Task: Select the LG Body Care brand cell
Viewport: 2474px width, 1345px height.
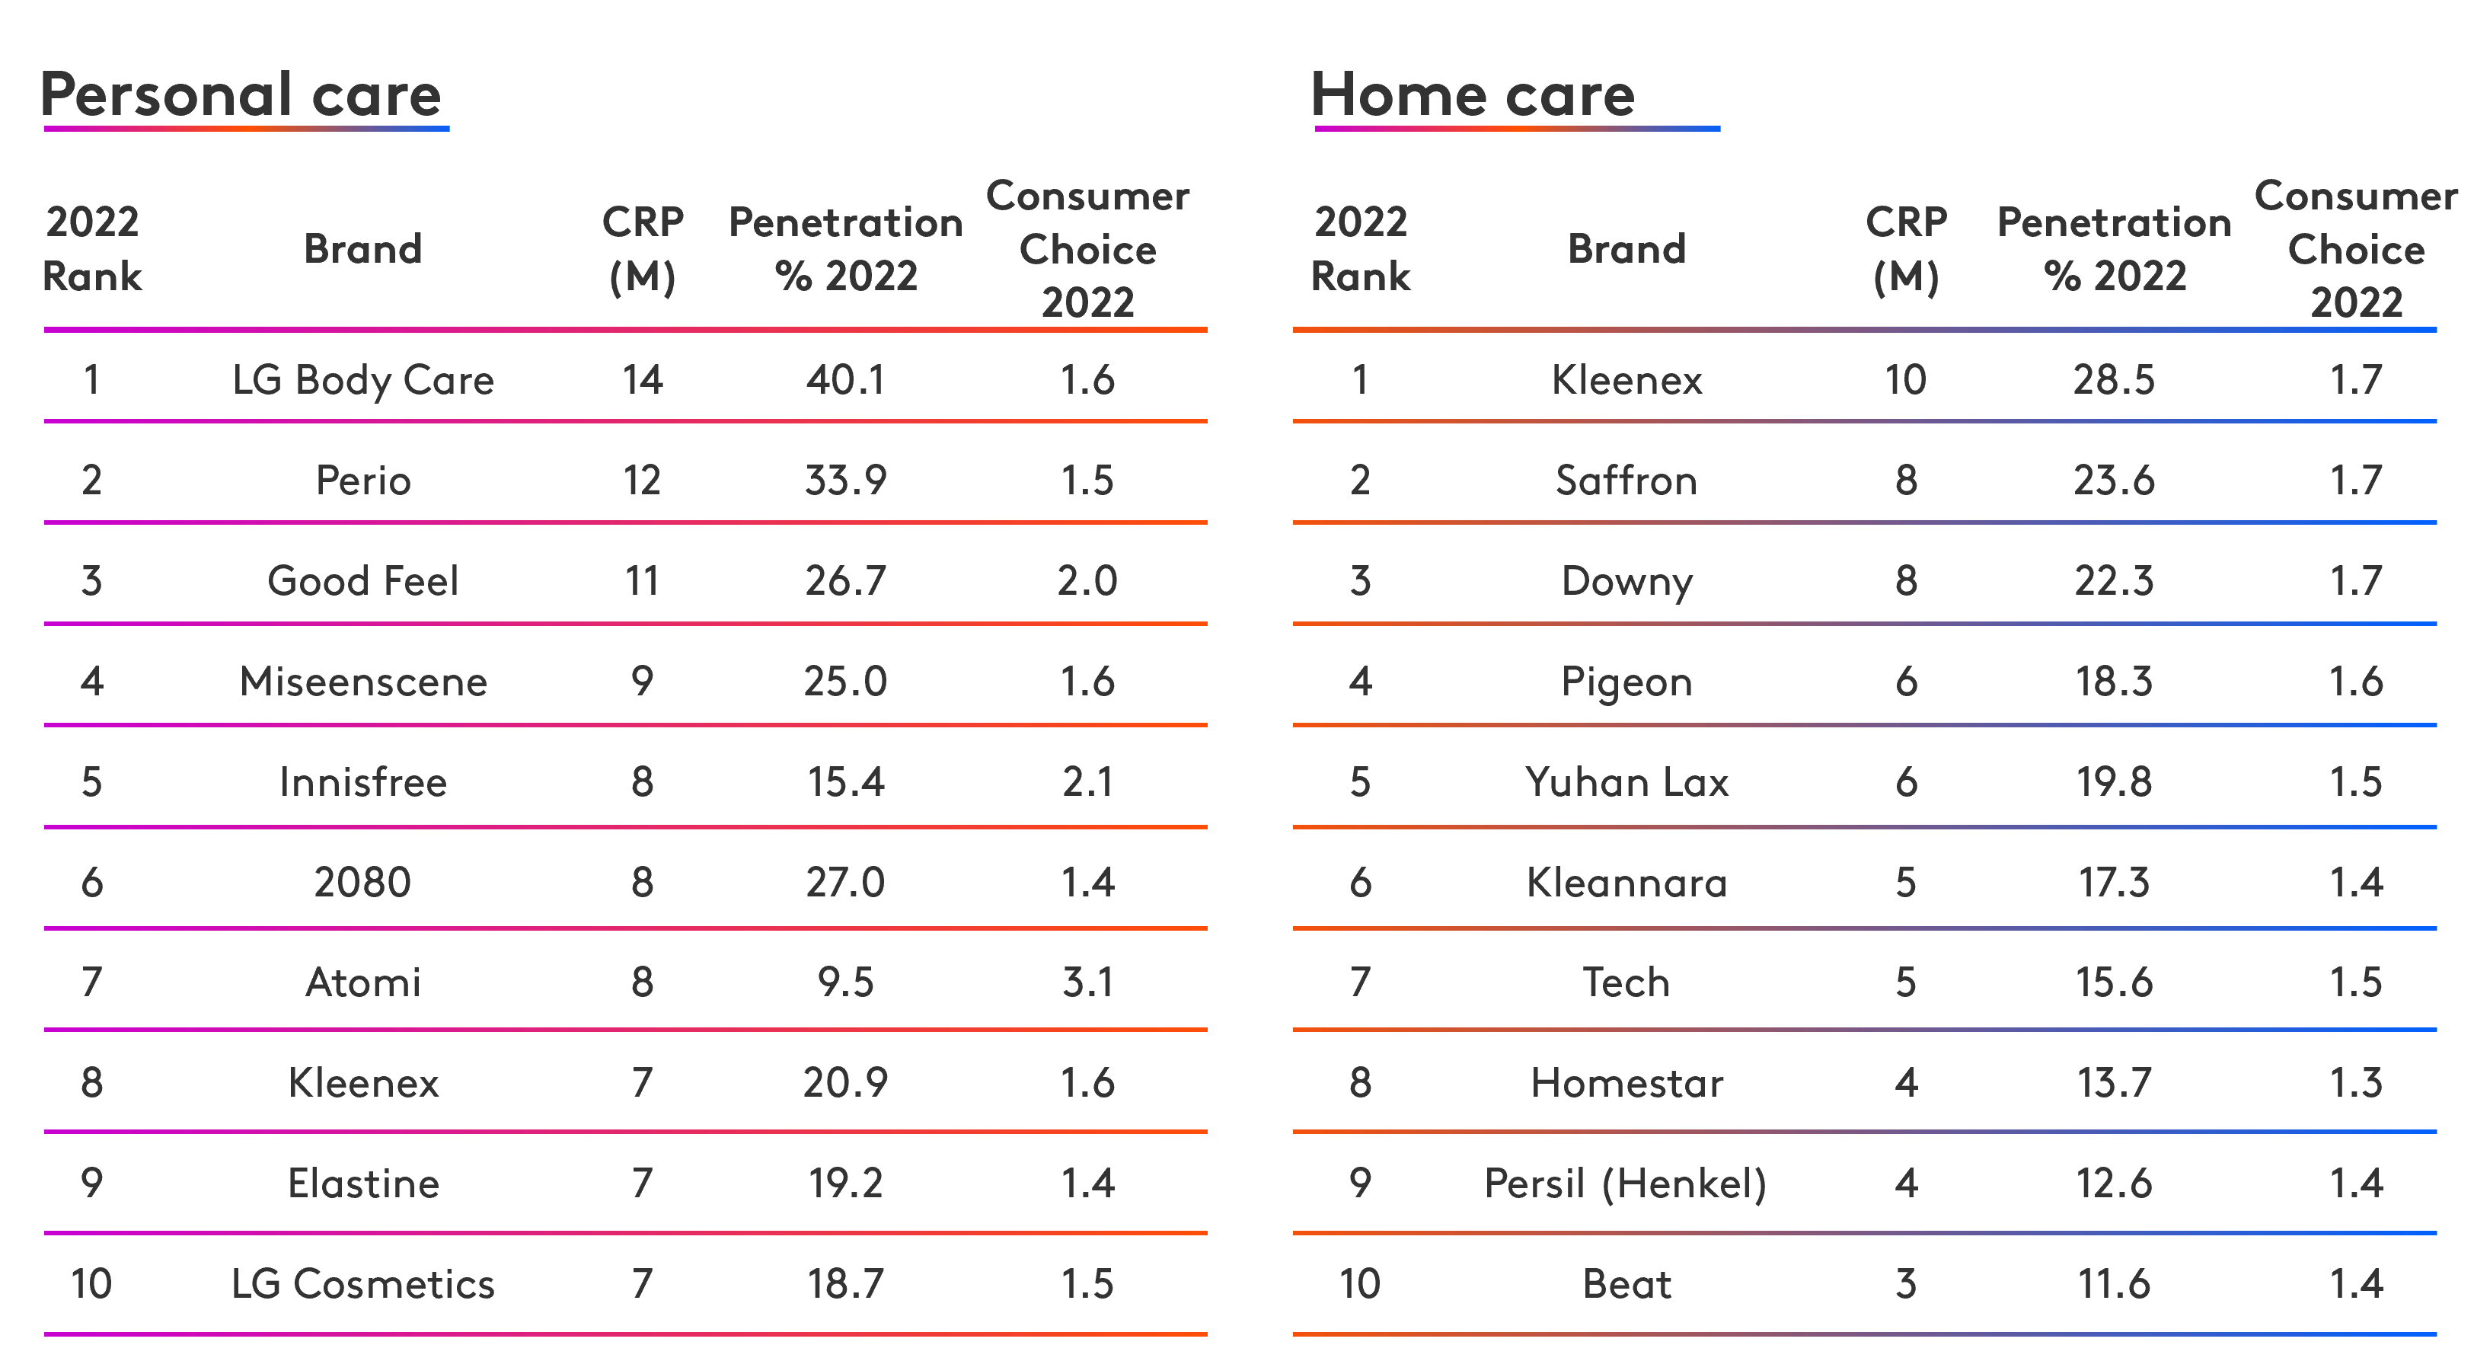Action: (x=363, y=381)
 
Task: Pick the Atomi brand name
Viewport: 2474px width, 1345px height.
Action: (x=363, y=982)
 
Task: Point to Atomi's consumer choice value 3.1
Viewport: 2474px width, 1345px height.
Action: (x=1087, y=982)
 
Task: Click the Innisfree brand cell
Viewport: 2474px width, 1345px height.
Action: (x=363, y=781)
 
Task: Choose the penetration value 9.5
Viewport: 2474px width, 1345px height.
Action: (x=845, y=982)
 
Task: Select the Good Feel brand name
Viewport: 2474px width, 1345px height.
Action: (x=363, y=580)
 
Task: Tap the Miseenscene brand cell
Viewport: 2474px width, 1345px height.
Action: (x=363, y=681)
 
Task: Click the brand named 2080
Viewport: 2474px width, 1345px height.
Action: (x=363, y=882)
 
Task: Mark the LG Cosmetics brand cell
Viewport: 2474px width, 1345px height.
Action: (x=363, y=1283)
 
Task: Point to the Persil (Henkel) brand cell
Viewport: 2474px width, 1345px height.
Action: (x=1626, y=1184)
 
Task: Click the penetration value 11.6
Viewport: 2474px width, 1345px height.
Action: (x=2114, y=1283)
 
